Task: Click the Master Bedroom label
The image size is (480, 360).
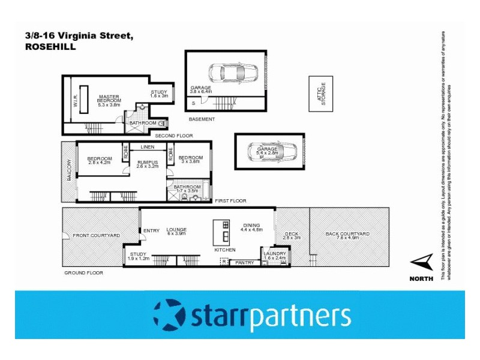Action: coord(109,100)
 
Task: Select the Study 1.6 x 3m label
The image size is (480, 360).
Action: coord(159,94)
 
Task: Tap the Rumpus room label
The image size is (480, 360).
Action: coord(147,164)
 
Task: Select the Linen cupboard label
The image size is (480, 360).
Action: coord(148,147)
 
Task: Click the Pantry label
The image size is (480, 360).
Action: coord(245,262)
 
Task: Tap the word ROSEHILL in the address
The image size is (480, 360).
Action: coord(50,46)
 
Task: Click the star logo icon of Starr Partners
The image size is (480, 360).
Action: coord(170,315)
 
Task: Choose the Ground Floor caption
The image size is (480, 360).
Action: coord(84,272)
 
